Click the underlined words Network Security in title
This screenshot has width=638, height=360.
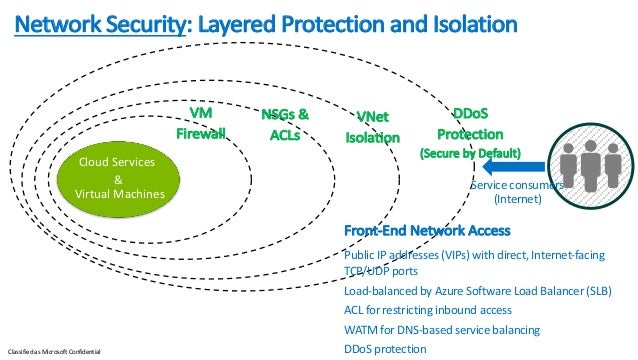[95, 22]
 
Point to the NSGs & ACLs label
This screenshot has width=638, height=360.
[284, 125]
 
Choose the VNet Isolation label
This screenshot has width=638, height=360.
[372, 128]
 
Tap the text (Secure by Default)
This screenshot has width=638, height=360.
[470, 154]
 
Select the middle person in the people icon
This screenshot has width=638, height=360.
[590, 160]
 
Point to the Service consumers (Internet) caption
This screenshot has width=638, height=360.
[515, 192]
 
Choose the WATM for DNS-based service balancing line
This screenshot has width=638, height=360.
[441, 329]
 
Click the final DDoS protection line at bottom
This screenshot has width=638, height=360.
[384, 348]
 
